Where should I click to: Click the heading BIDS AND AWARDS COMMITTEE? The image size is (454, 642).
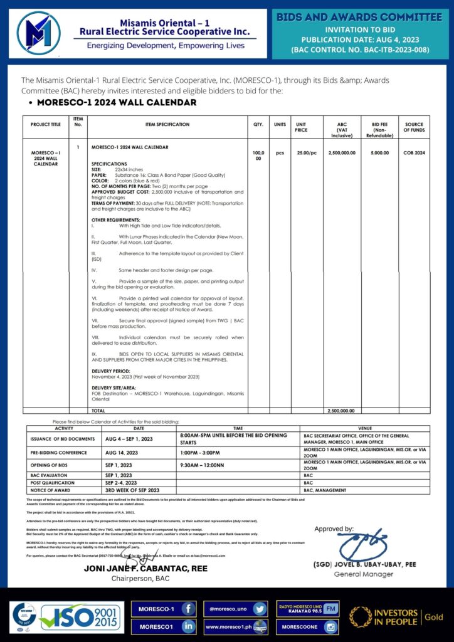pyautogui.click(x=359, y=17)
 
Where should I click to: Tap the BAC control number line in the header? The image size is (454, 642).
pyautogui.click(x=359, y=48)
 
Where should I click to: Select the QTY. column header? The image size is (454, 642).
pyautogui.click(x=258, y=125)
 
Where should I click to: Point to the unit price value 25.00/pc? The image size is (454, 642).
pyautogui.click(x=307, y=153)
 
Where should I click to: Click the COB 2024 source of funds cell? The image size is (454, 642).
pyautogui.click(x=414, y=153)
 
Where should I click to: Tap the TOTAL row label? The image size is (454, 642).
pyautogui.click(x=99, y=410)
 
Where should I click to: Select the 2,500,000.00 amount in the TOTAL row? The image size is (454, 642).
pyautogui.click(x=342, y=410)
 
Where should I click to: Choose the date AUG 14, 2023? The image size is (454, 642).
pyautogui.click(x=122, y=452)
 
